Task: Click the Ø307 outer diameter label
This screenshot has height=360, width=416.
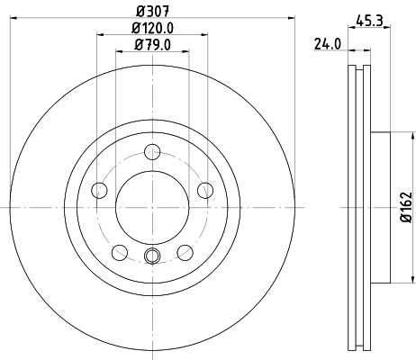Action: point(152,12)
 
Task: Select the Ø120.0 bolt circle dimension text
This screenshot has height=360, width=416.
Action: point(152,28)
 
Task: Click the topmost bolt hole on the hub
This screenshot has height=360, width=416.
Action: point(152,152)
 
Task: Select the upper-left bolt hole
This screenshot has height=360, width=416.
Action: point(99,189)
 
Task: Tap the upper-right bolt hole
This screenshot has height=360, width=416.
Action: point(205,189)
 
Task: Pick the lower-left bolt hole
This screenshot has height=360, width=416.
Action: point(120,252)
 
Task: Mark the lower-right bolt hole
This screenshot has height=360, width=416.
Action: point(185,252)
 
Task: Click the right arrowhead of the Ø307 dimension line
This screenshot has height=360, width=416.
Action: point(289,20)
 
